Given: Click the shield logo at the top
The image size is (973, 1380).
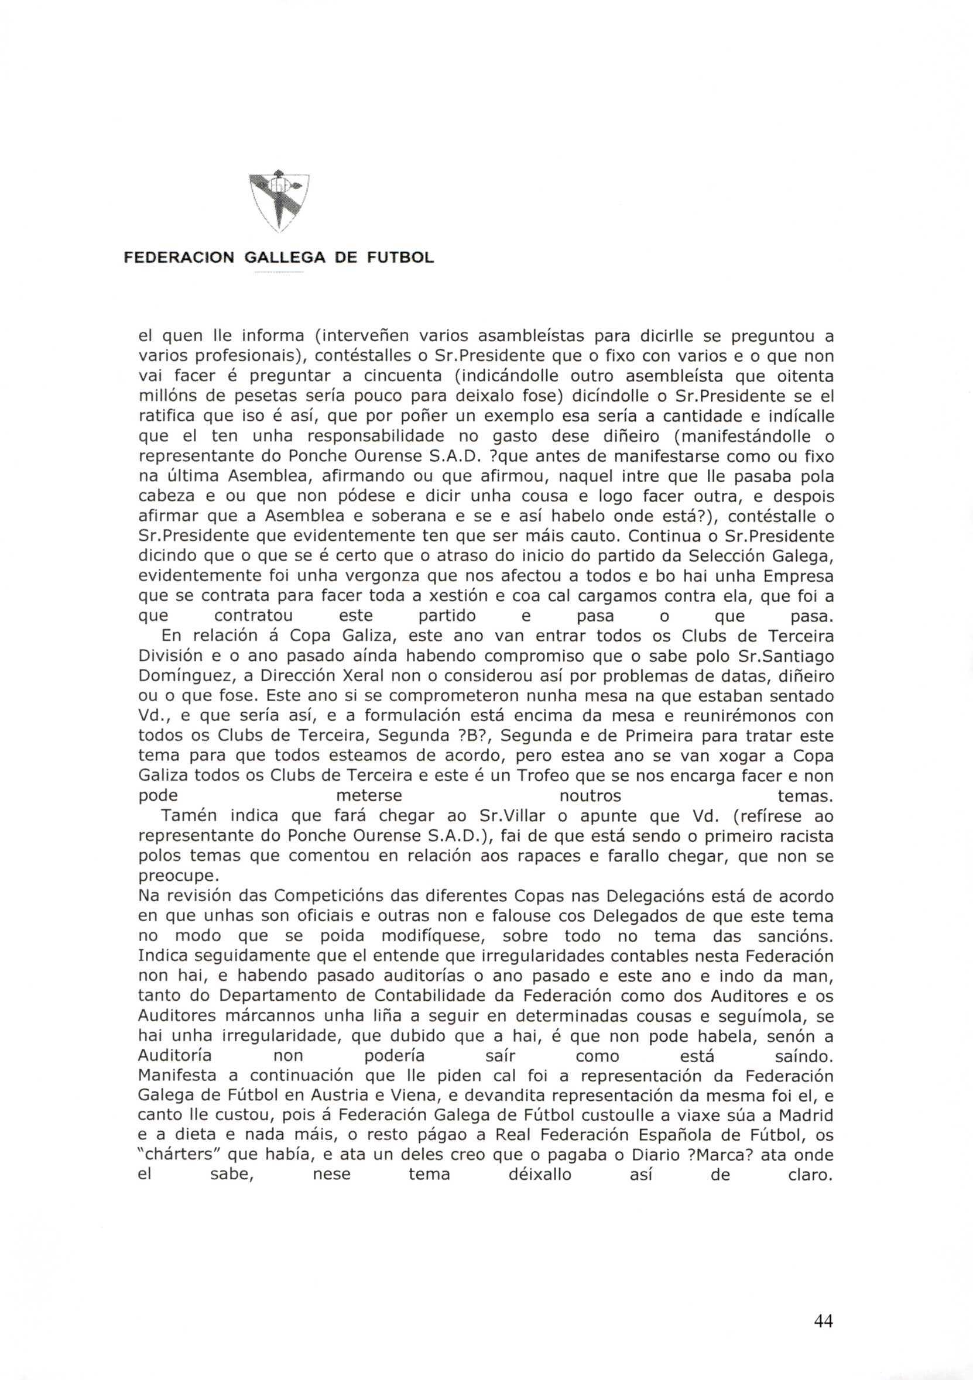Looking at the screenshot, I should (x=279, y=202).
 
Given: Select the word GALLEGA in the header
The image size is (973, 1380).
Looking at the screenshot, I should (x=285, y=258).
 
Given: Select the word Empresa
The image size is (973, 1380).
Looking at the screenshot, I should (x=798, y=576).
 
